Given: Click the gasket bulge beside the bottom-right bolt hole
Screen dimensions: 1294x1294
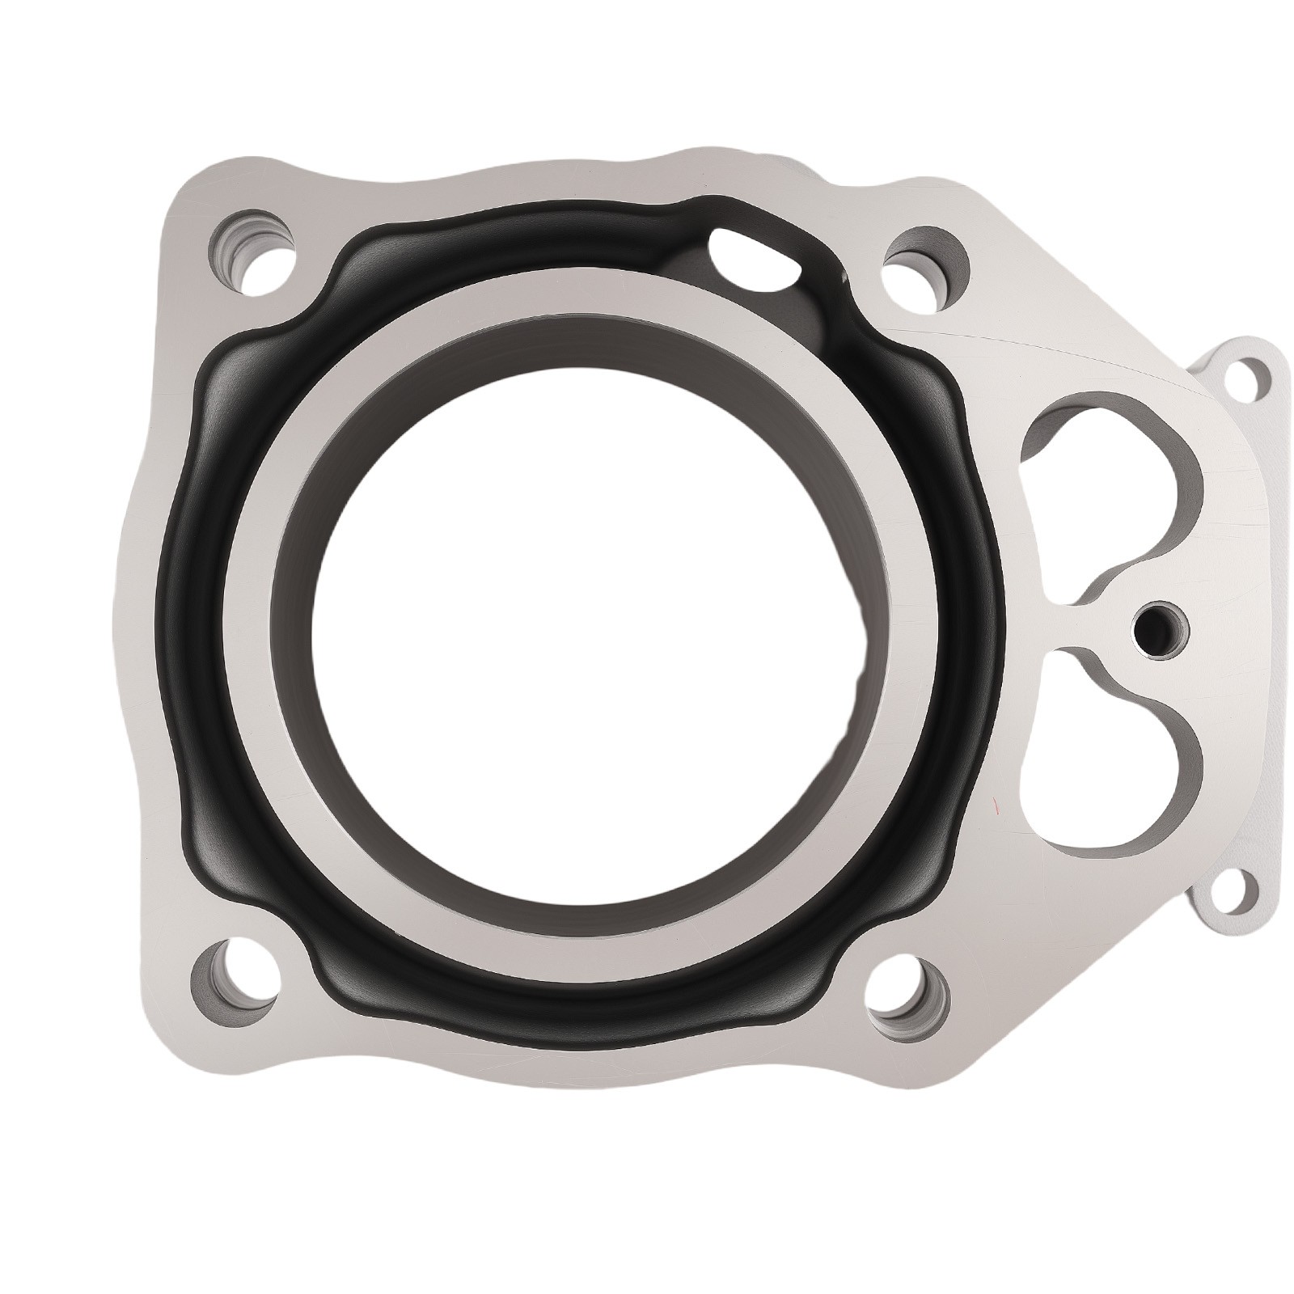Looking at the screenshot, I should coord(849,958).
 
